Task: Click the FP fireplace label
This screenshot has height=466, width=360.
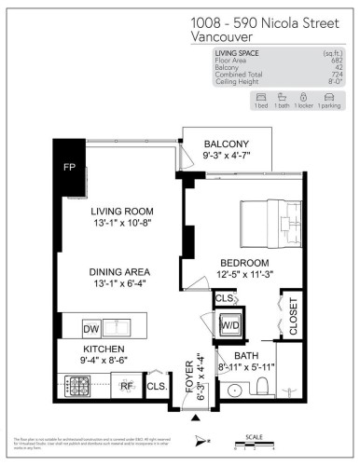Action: [x=69, y=168]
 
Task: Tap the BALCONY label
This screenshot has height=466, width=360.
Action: [x=227, y=144]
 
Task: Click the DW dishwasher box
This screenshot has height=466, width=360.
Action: [x=90, y=329]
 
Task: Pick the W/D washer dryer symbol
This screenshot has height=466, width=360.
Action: [x=229, y=325]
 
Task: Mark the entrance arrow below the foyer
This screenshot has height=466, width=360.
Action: [x=194, y=418]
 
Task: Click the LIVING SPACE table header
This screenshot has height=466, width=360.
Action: [x=238, y=53]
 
